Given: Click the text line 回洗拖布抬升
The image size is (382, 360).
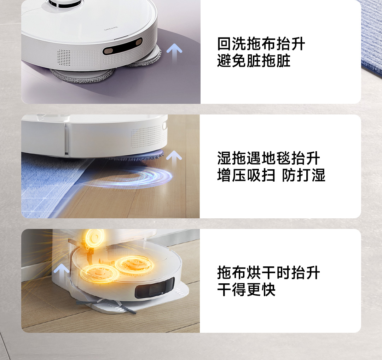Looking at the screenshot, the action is [261, 44].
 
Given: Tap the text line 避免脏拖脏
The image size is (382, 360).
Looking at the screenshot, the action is [254, 61].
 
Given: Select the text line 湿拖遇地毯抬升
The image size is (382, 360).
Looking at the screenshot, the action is [268, 158].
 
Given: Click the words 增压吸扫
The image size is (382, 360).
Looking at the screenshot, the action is [246, 175].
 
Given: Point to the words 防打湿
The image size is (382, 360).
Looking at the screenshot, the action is [303, 175].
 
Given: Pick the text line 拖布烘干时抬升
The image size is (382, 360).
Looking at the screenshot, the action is [268, 273].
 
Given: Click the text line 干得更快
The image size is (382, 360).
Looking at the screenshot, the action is [246, 289].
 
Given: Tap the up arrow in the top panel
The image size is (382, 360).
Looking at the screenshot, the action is [174, 52].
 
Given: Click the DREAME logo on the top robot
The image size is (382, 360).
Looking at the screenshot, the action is [111, 29].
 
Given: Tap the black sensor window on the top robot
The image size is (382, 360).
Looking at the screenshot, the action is [122, 46].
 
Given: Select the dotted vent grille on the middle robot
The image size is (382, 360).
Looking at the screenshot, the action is [146, 137].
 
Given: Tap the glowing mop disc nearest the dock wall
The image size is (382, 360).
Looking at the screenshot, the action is [99, 273].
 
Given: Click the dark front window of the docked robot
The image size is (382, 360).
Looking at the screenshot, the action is [155, 288].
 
